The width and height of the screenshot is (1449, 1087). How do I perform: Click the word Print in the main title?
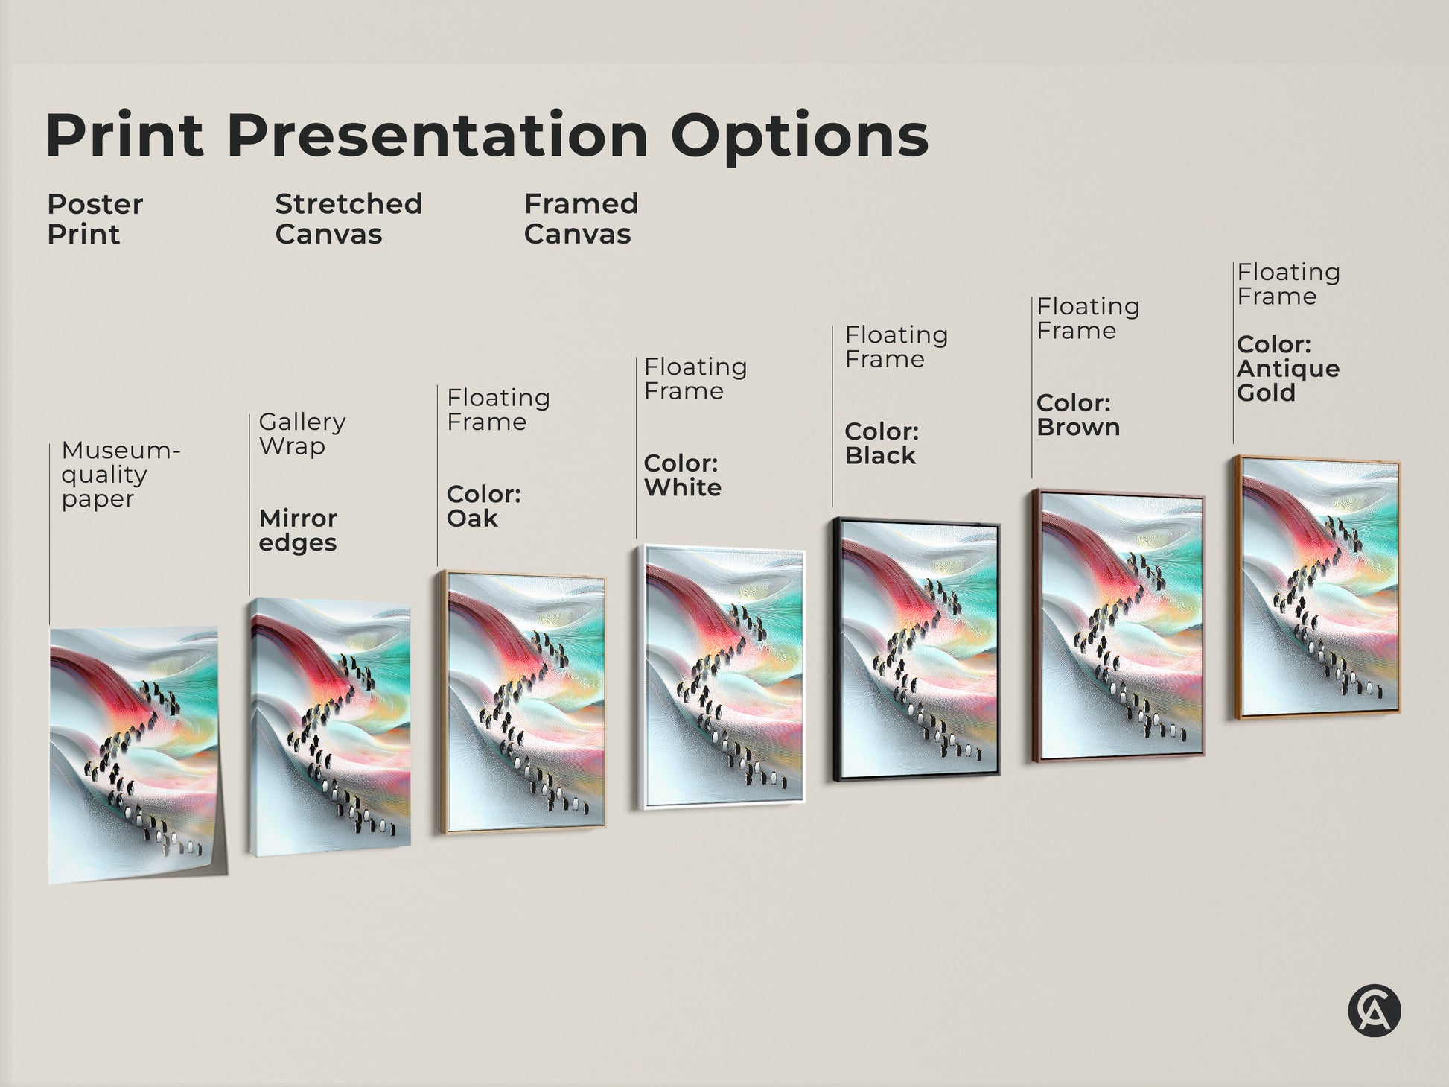pyautogui.click(x=124, y=135)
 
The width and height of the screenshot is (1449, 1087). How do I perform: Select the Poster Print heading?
pyautogui.click(x=95, y=219)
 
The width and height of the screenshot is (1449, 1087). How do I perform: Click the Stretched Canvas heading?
pyautogui.click(x=348, y=219)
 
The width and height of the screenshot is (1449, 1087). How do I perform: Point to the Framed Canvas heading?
pyautogui.click(x=581, y=219)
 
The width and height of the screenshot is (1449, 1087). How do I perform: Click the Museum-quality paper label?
pyautogui.click(x=119, y=474)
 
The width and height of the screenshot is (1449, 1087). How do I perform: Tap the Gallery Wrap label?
pyautogui.click(x=302, y=434)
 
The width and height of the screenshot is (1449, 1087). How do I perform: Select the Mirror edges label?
pyautogui.click(x=298, y=530)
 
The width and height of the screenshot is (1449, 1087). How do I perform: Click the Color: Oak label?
pyautogui.click(x=483, y=506)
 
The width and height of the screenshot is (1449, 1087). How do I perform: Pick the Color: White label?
pyautogui.click(x=682, y=475)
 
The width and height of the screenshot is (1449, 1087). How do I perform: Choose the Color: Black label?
pyautogui.click(x=882, y=443)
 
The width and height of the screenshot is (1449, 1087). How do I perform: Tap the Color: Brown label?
pyautogui.click(x=1077, y=415)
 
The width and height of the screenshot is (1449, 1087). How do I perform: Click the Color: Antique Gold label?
pyautogui.click(x=1287, y=369)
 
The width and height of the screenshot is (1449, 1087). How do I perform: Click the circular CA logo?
pyautogui.click(x=1374, y=1011)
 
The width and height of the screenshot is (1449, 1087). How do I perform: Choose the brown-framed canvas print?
pyautogui.click(x=1118, y=626)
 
